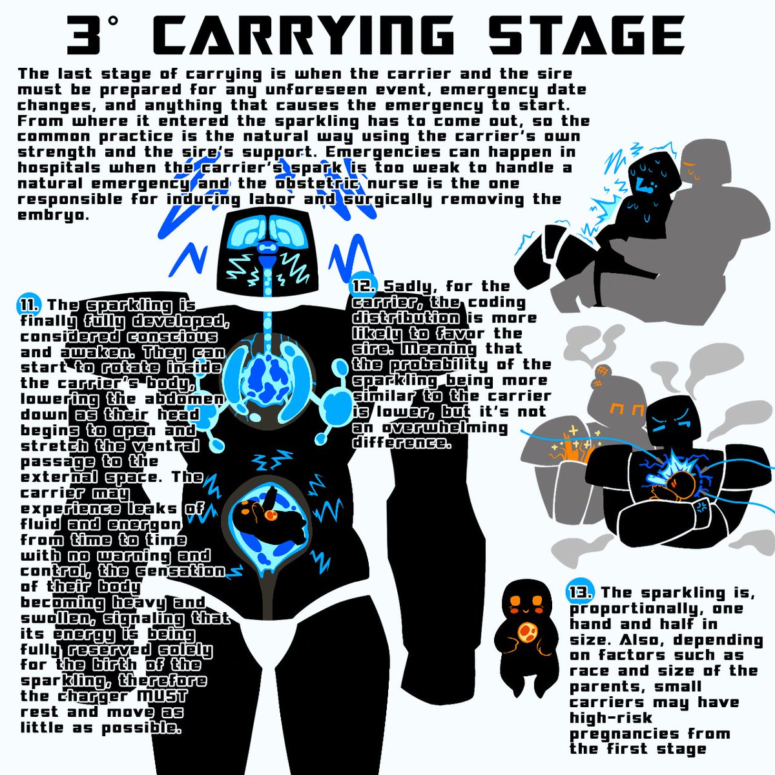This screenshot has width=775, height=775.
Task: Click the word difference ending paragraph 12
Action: point(400,443)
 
